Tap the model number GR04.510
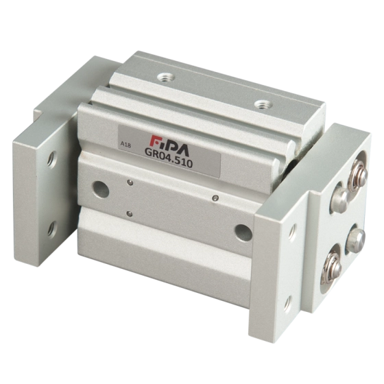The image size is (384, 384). click(169, 158)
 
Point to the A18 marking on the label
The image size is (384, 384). click(126, 145)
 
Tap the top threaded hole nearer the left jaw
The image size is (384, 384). click(166, 77)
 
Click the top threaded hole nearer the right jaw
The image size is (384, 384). click(263, 105)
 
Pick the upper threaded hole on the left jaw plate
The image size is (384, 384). click(51, 159)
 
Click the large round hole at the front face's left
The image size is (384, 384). click(100, 190)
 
